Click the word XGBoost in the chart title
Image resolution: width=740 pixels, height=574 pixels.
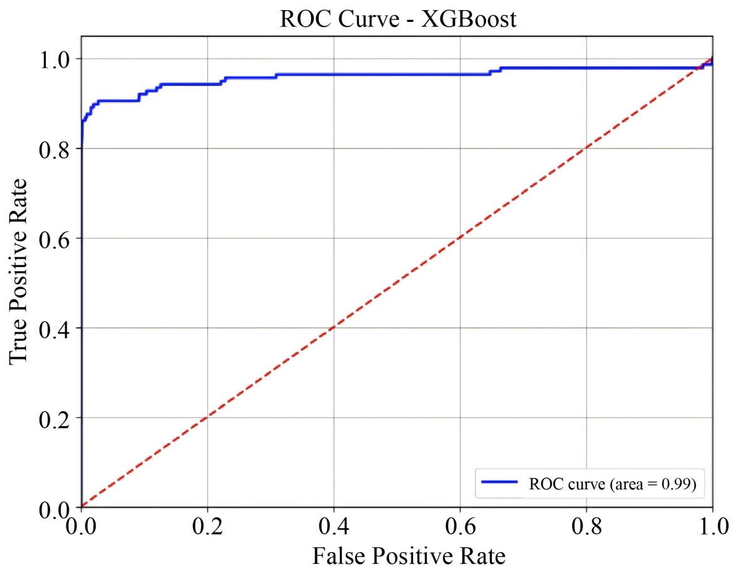pyautogui.click(x=469, y=19)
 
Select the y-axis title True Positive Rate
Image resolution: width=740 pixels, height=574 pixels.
pyautogui.click(x=19, y=270)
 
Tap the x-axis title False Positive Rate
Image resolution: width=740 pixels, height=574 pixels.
pyautogui.click(x=409, y=555)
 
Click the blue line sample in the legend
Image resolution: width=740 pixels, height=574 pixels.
pyautogui.click(x=499, y=483)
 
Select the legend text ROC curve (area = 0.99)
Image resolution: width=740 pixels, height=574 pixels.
pyautogui.click(x=612, y=484)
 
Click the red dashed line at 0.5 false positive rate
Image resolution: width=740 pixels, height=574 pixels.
pyautogui.click(x=397, y=283)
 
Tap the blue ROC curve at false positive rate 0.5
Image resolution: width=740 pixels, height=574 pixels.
pyautogui.click(x=397, y=75)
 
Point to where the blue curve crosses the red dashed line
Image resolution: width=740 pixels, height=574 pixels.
pyautogui.click(x=700, y=68)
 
